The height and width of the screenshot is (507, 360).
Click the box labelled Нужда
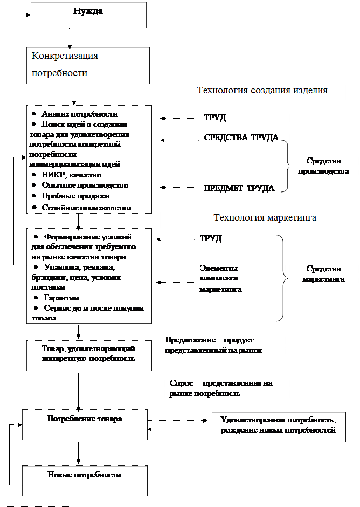click(x=88, y=15)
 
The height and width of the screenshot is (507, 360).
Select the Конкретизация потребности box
click(x=88, y=65)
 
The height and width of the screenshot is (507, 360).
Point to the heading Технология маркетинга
click(x=265, y=218)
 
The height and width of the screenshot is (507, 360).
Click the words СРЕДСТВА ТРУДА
click(x=241, y=138)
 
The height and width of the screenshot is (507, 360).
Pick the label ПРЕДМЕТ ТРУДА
click(x=239, y=188)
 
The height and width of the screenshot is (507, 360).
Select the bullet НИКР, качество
click(x=71, y=175)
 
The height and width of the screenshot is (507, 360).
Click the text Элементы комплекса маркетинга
click(x=221, y=278)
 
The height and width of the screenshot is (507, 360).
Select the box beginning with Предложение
click(x=222, y=346)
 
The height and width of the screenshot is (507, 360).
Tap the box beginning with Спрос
click(x=226, y=389)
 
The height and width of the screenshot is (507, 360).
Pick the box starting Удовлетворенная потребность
click(x=278, y=426)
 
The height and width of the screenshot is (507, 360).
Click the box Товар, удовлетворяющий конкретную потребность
click(x=88, y=354)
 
